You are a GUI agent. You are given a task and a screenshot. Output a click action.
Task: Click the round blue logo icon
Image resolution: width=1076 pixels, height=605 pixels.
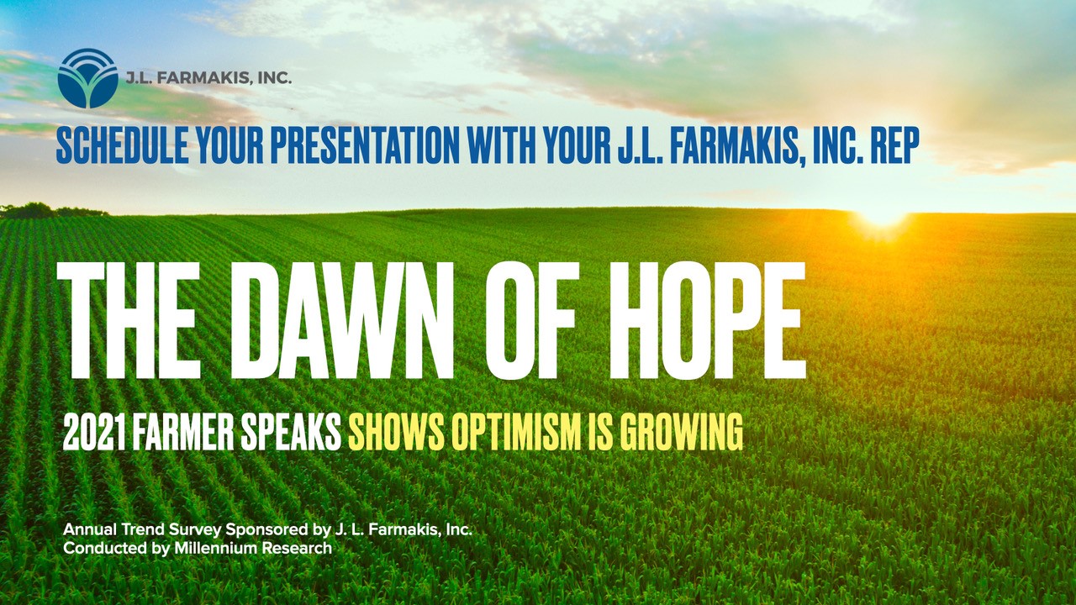pos(88,78)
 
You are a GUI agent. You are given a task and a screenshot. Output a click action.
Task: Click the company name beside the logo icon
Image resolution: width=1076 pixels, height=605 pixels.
pos(208,78)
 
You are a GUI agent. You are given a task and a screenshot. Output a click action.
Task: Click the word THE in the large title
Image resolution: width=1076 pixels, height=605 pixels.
pos(127,320)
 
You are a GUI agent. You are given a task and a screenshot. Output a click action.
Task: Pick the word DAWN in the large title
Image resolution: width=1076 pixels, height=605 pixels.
pos(341,320)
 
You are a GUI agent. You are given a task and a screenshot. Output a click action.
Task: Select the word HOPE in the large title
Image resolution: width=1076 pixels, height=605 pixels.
pos(707,320)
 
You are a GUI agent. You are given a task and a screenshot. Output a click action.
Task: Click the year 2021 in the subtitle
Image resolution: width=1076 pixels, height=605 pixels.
pos(94,433)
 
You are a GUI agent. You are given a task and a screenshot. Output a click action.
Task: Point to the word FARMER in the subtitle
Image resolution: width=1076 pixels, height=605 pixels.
pos(182,433)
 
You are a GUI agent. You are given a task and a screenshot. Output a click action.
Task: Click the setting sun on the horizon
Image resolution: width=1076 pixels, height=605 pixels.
pos(883,217)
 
